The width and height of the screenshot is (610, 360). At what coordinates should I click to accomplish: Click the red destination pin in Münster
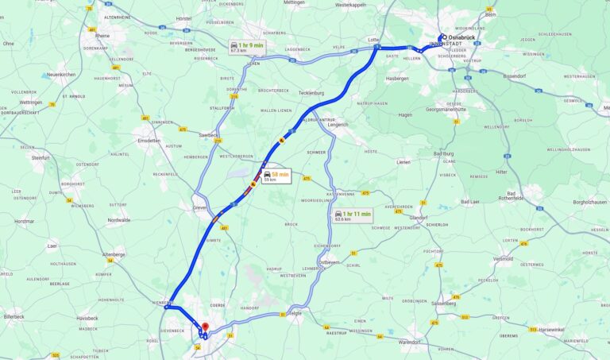click(x=205, y=327)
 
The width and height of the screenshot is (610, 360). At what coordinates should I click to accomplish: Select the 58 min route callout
click(x=275, y=176)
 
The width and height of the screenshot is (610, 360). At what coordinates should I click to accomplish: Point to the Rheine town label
click(x=102, y=35)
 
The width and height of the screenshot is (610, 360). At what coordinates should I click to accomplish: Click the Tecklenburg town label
click(x=311, y=93)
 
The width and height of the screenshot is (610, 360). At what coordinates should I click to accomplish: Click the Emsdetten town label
click(x=148, y=141)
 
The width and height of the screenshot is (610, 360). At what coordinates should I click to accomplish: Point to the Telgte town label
click(x=294, y=312)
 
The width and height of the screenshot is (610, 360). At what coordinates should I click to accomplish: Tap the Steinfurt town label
click(x=40, y=158)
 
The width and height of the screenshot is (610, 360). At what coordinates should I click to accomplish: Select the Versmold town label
click(x=503, y=258)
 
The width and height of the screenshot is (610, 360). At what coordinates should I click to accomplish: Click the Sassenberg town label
click(x=442, y=303)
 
